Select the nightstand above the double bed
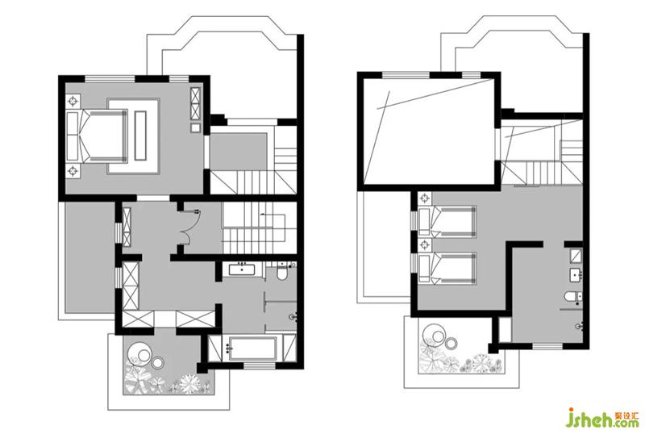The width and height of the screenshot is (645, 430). coord(73,100)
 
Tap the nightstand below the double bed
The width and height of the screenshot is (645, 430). coord(73,170)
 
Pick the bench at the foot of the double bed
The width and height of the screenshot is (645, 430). coord(140,135)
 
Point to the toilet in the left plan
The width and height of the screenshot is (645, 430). coord(282,273)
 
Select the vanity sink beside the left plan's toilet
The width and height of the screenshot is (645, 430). coord(243,269)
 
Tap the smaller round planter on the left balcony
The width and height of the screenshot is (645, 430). coord(157,362)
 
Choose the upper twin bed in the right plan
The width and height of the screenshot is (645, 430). coord(447,222)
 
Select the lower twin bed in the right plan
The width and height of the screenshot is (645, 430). coord(447,269)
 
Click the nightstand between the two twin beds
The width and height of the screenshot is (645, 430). coord(424,245)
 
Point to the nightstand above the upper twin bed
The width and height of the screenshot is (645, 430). coord(424,199)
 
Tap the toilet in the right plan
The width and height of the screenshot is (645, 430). coord(573,296)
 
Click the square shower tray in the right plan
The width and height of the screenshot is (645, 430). coord(576,256)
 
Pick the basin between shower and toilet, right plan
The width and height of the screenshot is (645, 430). coord(576,275)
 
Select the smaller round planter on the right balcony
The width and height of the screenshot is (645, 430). coord(451,342)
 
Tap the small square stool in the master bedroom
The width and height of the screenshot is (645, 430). coord(195,127)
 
